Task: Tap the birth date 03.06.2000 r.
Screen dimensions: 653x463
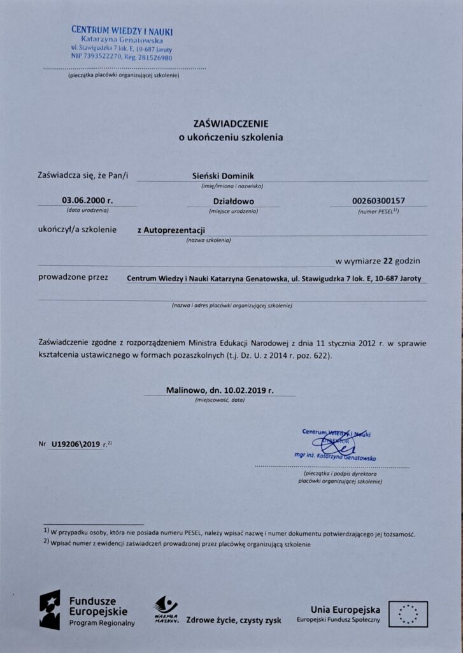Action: (x=87, y=200)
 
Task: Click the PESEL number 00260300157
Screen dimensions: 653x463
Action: (x=378, y=201)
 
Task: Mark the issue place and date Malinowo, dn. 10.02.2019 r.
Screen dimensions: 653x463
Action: (x=220, y=390)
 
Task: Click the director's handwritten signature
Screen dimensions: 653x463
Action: (x=338, y=444)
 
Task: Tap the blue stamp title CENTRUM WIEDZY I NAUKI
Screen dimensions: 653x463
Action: (x=122, y=31)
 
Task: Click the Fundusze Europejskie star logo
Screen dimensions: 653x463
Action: (x=50, y=610)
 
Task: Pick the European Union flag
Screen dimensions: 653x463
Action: (x=408, y=614)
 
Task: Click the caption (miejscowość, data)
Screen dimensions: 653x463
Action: (x=220, y=400)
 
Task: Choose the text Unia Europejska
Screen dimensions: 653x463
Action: (x=345, y=609)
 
